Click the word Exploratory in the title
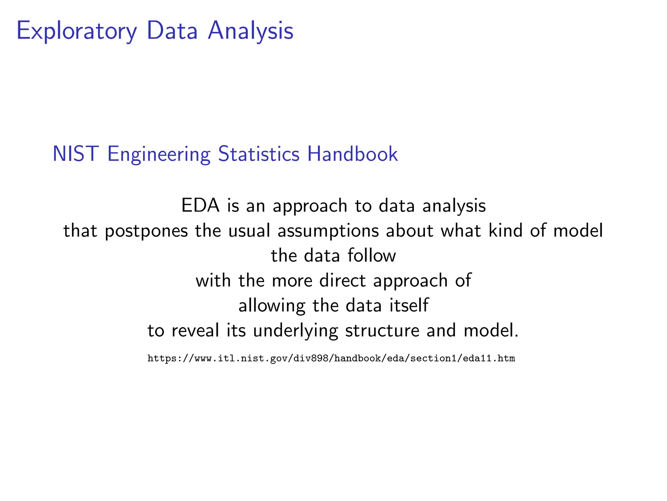[x=77, y=31]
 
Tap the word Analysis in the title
[x=250, y=31]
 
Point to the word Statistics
[x=259, y=154]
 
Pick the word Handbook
[x=352, y=154]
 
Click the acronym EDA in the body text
[x=200, y=205]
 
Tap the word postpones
[x=146, y=231]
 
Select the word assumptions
[x=328, y=231]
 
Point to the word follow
[x=372, y=255]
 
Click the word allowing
[x=272, y=306]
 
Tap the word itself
[x=409, y=305]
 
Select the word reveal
[x=195, y=330]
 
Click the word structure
[x=382, y=330]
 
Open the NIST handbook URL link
[x=331, y=358]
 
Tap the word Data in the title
[x=172, y=31]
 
